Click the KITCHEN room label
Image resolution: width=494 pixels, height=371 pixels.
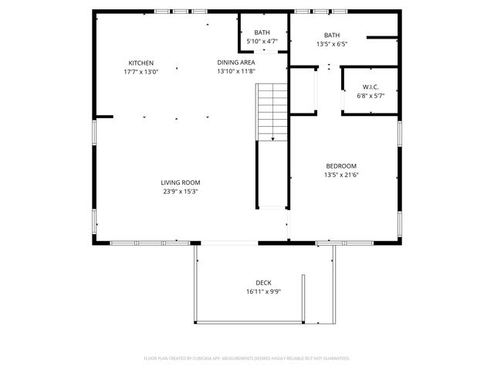pos(141,63)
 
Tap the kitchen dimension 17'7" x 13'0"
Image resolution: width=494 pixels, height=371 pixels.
pos(141,72)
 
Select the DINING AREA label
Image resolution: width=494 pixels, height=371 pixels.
pos(236,63)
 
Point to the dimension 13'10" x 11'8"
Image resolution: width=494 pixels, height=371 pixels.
pos(236,72)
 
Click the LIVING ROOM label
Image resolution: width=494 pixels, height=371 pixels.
pos(181,182)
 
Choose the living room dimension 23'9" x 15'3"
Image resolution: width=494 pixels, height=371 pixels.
pos(181,192)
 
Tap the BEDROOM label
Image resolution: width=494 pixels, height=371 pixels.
pos(341,165)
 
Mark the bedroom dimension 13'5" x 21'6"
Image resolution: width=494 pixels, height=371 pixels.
pos(341,175)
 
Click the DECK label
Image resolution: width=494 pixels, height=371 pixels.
pos(263,283)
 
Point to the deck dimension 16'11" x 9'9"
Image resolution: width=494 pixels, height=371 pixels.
pos(263,292)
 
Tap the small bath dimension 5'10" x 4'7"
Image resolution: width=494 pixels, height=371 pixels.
pos(262,41)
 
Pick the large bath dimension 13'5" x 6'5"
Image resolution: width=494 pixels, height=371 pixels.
pos(332,44)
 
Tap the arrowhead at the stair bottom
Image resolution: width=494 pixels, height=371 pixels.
pos(272,138)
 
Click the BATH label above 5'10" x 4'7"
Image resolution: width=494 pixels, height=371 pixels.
pos(262,32)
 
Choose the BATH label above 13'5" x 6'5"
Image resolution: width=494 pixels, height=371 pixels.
pos(332,35)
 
